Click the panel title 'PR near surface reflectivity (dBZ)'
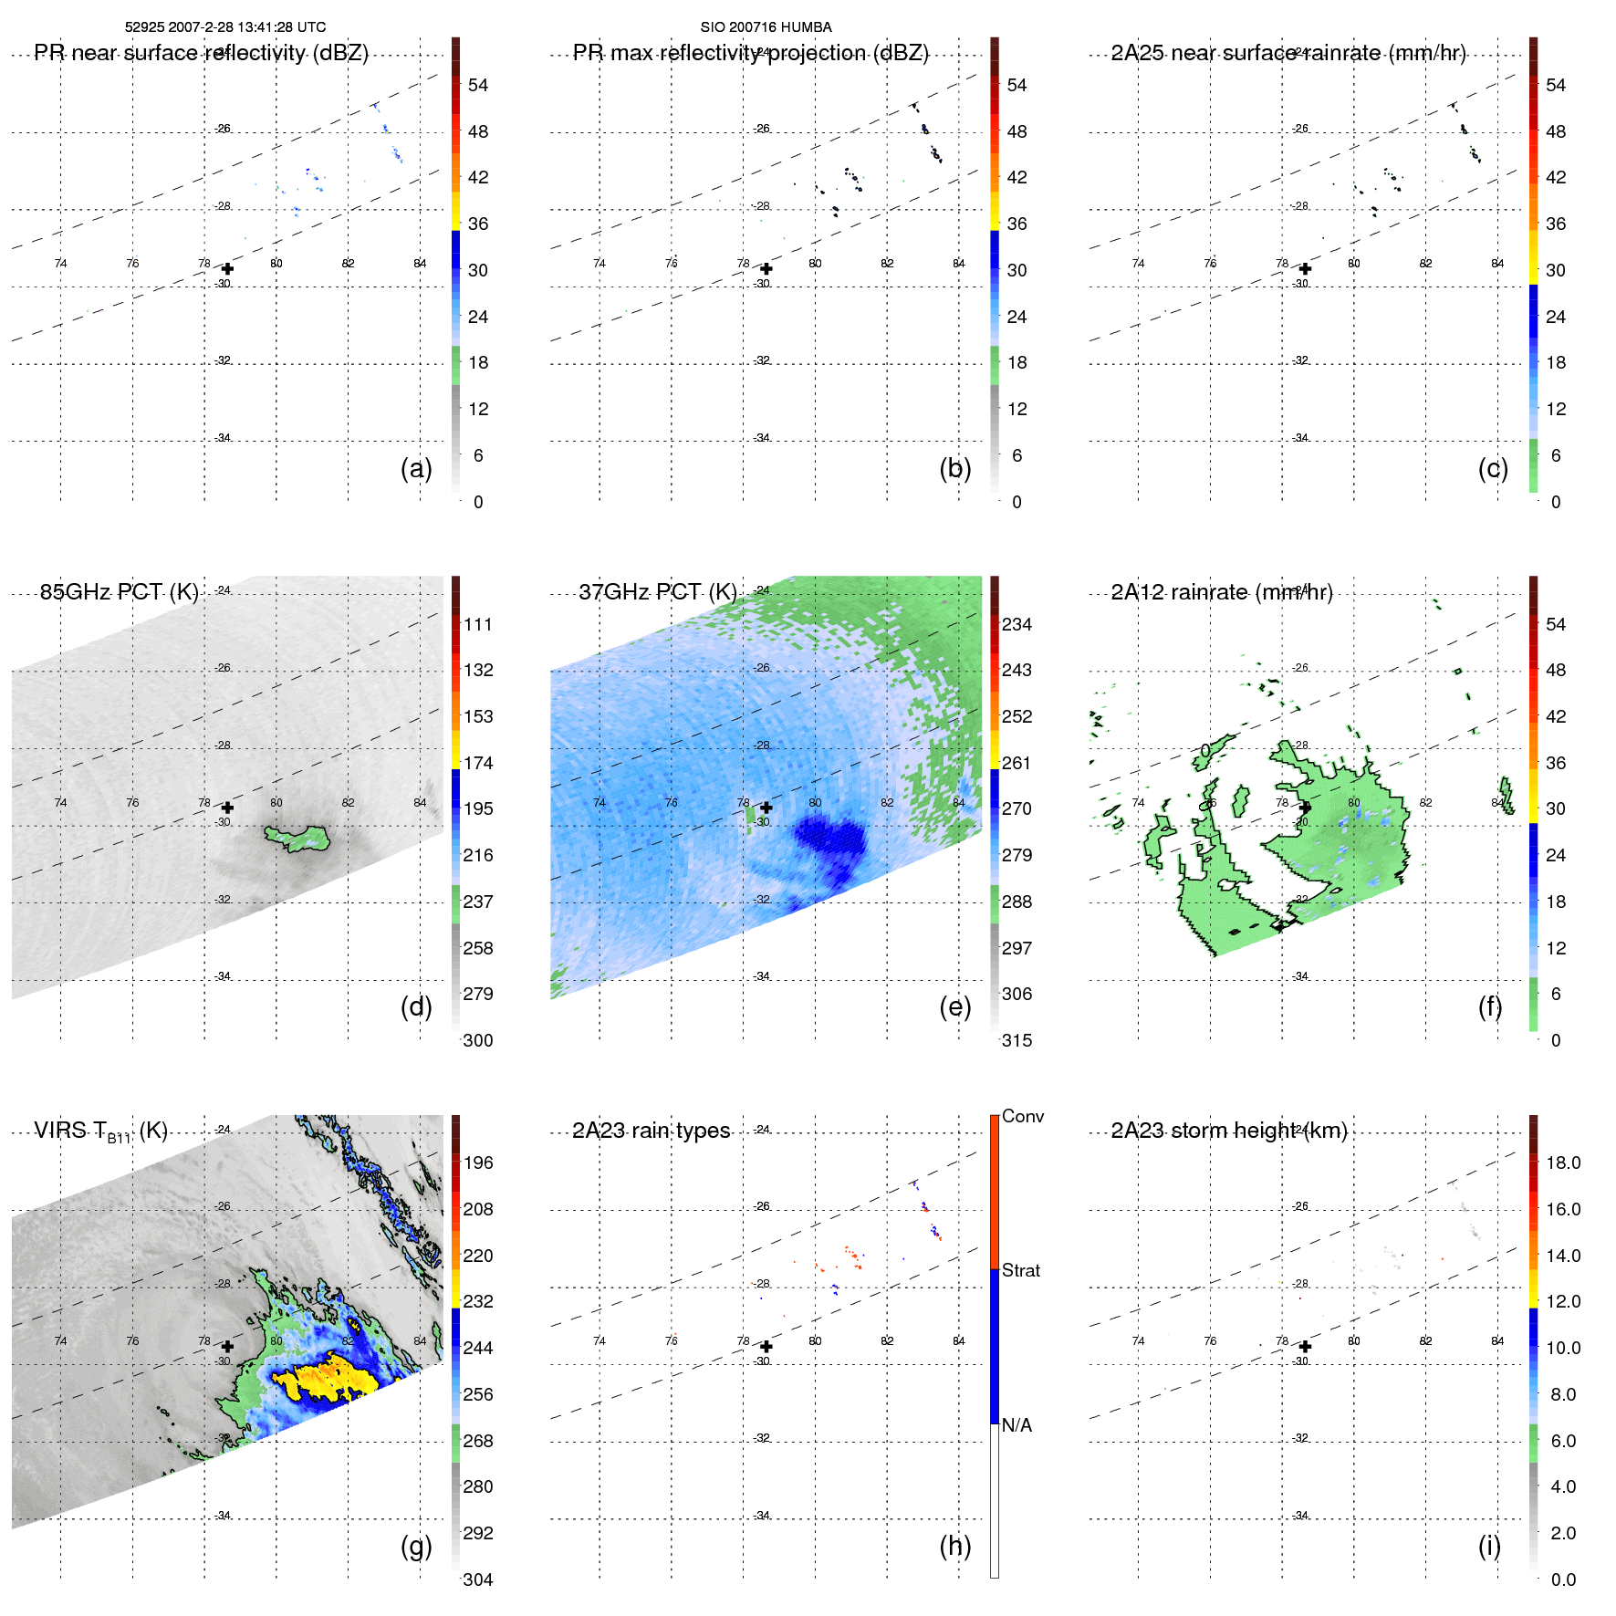coord(201,53)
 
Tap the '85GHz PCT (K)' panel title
coord(119,592)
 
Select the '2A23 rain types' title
coord(651,1131)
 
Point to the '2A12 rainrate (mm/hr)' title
coord(1221,592)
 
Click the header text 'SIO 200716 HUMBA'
coord(766,27)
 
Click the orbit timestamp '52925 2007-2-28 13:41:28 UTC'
coord(224,27)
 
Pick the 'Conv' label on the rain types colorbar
coord(1022,1116)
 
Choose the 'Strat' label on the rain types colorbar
coord(1020,1270)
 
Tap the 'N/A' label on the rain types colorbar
coord(1017,1425)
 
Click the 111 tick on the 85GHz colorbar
coord(477,624)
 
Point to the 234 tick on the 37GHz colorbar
coord(1017,624)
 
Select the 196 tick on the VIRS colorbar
coord(477,1162)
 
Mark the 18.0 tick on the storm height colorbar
coord(1562,1162)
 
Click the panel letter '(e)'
coord(954,1006)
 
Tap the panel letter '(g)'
coord(416,1546)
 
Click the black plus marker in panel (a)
coord(227,269)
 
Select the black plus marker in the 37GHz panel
coord(766,808)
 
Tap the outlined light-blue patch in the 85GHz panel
coord(297,838)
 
